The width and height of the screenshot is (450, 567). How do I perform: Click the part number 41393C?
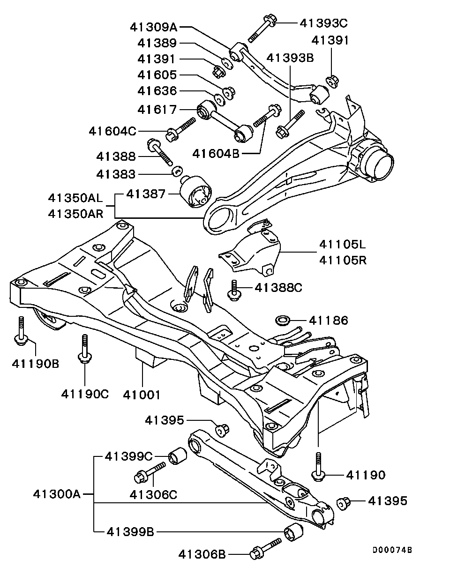point(323,22)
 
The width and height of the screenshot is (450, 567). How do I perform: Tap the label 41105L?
point(343,245)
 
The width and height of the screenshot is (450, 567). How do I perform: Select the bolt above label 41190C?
point(85,349)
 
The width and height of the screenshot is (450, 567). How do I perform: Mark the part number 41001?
point(142,395)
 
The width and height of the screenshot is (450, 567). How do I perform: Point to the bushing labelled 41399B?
point(294,532)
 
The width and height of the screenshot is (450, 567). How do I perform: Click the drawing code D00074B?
point(392,550)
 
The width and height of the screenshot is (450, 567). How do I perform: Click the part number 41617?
point(157,110)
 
